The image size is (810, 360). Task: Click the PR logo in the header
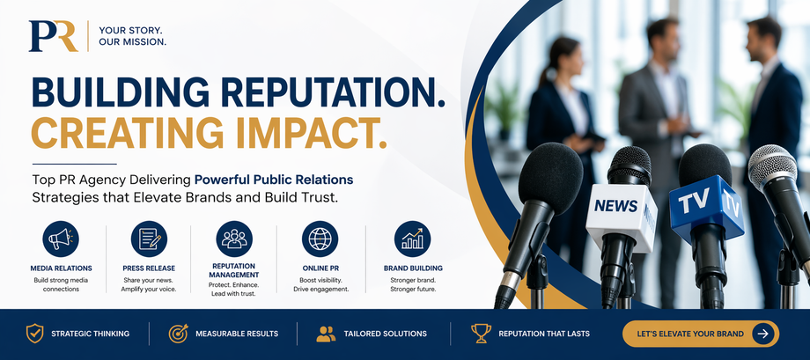tap(53, 36)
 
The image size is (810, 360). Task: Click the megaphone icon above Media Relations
tap(61, 239)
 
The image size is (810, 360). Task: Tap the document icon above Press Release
tap(149, 239)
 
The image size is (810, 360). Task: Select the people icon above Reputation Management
tap(234, 239)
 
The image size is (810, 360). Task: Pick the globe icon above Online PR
tap(320, 239)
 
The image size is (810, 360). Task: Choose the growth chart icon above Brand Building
tap(412, 239)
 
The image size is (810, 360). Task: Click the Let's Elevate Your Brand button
tap(701, 334)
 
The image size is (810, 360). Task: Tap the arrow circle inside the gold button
tap(762, 334)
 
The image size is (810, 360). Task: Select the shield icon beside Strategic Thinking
tap(34, 334)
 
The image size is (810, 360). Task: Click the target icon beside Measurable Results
tap(178, 334)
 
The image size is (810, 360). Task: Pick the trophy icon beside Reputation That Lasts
tap(481, 334)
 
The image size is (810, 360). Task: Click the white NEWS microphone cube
tap(621, 212)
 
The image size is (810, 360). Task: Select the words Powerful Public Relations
tap(274, 180)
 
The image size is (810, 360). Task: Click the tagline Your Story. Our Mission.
tap(133, 36)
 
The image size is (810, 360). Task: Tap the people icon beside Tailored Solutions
tap(326, 334)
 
